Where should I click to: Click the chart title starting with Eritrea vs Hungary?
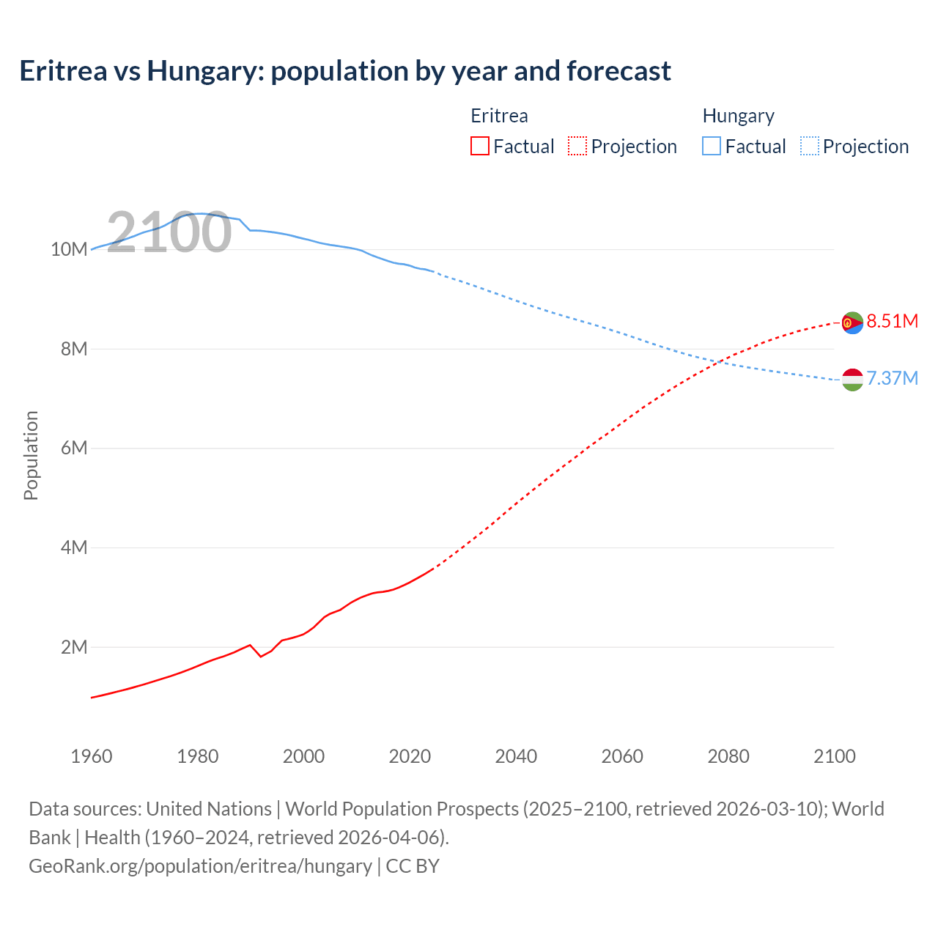344,71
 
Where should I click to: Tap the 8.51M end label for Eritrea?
892,321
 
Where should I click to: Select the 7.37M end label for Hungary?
892,378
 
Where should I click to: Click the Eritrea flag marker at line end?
852,322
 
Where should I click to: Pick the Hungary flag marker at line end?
852,380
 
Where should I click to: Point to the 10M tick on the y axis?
69,249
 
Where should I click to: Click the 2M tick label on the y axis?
74,647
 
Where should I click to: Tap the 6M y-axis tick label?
74,448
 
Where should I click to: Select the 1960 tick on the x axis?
92,756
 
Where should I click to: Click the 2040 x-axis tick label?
516,756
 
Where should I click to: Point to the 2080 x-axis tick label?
728,756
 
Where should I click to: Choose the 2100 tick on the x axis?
835,756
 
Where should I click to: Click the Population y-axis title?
31,455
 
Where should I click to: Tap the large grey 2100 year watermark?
169,232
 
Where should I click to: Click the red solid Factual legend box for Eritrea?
480,146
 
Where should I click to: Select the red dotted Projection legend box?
577,146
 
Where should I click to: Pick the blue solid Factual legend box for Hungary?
712,146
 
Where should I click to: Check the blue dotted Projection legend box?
809,146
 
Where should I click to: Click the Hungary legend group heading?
738,116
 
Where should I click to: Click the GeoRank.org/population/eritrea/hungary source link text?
200,866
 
